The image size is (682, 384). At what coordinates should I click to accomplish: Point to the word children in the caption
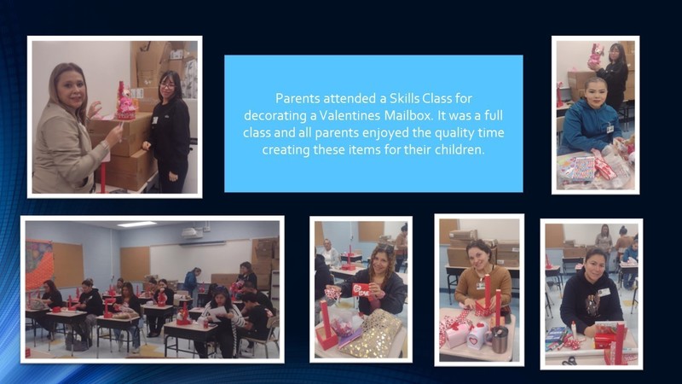(x=461, y=149)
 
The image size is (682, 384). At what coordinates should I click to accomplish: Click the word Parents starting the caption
(x=296, y=98)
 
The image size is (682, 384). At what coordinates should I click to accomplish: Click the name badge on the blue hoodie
(x=610, y=129)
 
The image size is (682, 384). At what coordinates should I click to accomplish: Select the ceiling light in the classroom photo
(x=136, y=224)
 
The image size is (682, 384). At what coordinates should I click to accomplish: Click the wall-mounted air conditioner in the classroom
(x=193, y=232)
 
